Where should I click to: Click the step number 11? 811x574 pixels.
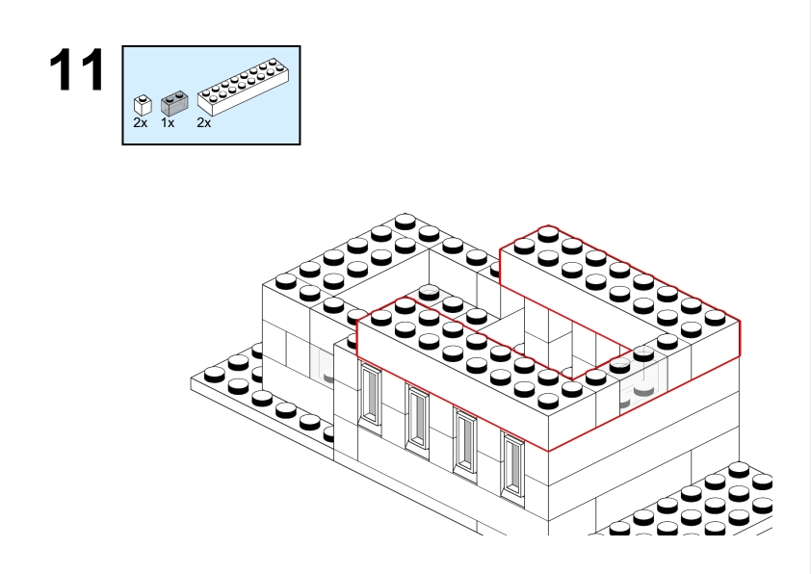tap(76, 69)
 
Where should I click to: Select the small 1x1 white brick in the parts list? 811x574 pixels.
tap(143, 105)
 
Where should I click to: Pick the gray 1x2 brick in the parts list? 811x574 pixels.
tap(174, 103)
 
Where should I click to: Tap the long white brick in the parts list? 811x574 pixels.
tap(243, 87)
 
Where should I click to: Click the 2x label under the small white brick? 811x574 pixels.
tap(141, 123)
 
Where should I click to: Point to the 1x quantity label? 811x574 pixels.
tap(168, 123)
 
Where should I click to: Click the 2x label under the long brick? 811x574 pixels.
tap(204, 123)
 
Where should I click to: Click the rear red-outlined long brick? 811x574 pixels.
tap(620, 292)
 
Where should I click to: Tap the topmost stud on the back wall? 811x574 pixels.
tap(405, 222)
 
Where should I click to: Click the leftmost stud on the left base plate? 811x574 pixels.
tap(215, 374)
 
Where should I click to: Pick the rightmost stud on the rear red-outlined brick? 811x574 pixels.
tap(715, 317)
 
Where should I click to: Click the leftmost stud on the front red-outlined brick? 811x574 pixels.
tap(381, 317)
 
